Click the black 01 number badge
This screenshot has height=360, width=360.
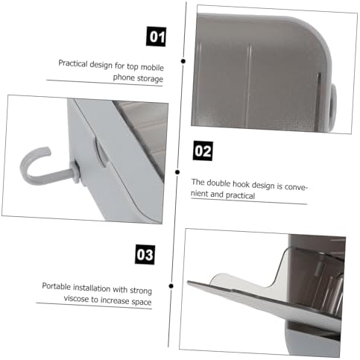pos(156,37)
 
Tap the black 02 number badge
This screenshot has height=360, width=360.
pos(203,151)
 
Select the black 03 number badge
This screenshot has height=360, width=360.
pos(145,254)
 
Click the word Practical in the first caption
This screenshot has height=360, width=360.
pos(73,64)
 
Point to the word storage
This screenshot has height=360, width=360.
pos(151,79)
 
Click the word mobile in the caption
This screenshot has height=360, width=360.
pos(152,67)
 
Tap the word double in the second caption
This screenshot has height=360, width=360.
pos(218,183)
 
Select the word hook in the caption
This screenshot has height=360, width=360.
pos(241,184)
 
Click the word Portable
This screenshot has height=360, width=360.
pos(57,286)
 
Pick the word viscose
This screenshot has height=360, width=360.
pos(76,299)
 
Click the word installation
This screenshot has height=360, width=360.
pos(92,288)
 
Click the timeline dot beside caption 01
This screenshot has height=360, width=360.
pos(183,61)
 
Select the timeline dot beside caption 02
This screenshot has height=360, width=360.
pos(177,172)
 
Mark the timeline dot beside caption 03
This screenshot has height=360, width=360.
pos(171,286)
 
